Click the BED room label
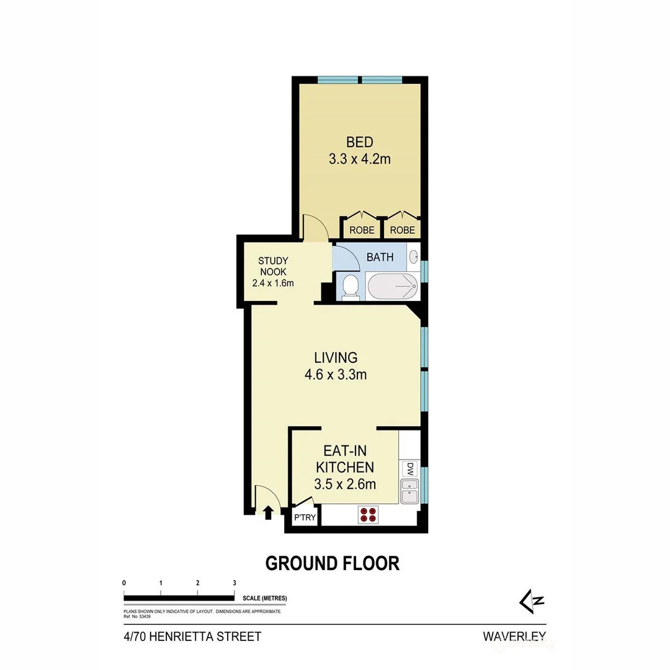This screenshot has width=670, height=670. [x=359, y=142]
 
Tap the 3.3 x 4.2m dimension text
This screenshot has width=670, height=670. [x=359, y=159]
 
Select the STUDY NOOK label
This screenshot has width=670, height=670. [x=273, y=266]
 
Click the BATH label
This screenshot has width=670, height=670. [x=380, y=257]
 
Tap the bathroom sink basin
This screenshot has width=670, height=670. [x=414, y=256]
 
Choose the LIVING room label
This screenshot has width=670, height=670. [x=336, y=357]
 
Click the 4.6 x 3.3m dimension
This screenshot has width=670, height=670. [x=336, y=374]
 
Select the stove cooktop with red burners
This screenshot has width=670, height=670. [x=367, y=514]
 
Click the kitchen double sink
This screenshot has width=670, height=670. [x=409, y=490]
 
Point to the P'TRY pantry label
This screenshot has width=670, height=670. [x=304, y=518]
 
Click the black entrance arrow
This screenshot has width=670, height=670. [x=268, y=512]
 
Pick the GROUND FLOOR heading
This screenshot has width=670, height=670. [x=332, y=563]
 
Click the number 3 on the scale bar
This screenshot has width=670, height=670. [x=234, y=583]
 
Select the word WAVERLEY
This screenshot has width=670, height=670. [x=514, y=636]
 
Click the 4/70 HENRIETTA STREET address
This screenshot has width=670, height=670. [x=192, y=636]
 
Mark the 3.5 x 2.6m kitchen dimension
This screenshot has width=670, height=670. [x=345, y=484]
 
